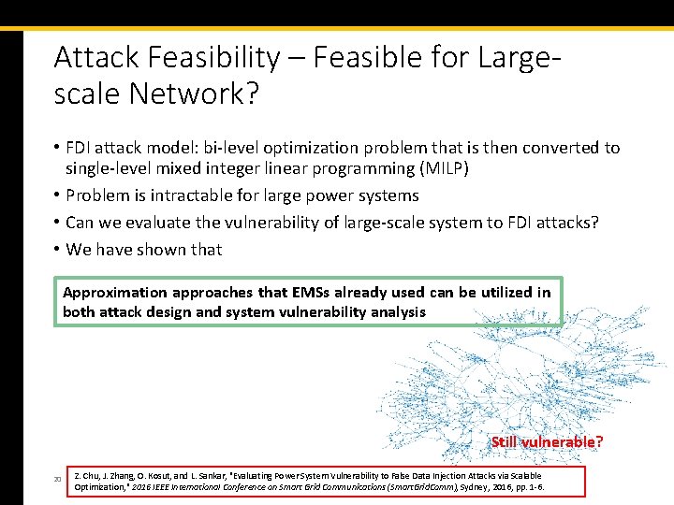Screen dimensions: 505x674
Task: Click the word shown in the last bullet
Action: [165, 250]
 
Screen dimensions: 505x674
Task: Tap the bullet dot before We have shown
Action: [57, 250]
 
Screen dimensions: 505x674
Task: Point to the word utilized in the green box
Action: [499, 293]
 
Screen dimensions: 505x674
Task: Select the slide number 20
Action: [57, 481]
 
